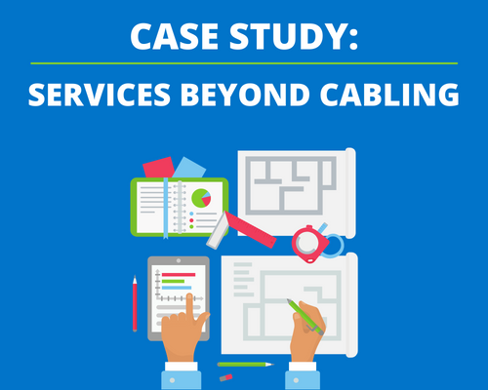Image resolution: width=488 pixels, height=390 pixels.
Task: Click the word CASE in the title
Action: pos(174,36)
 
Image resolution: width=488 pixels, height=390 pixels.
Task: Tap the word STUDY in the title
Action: pos(290,36)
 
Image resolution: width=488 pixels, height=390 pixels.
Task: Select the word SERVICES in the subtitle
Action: pos(100,95)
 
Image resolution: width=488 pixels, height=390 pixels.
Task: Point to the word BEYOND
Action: pos(245,95)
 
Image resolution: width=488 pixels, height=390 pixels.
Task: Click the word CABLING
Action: pos(389,95)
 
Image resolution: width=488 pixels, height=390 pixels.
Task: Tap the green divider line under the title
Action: pos(244,63)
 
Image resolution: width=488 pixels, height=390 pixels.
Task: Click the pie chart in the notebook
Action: pos(201,198)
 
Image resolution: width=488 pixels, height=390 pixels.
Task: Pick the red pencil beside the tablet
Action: pos(135,303)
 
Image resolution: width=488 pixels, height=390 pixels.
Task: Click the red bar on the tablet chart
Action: pos(179,275)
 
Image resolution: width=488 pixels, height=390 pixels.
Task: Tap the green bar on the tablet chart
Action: pos(173,281)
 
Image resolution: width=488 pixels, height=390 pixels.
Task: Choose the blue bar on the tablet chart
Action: pos(177,288)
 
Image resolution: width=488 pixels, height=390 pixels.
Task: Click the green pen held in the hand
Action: pos(305,317)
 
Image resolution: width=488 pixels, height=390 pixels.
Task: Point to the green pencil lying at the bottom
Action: pos(246,365)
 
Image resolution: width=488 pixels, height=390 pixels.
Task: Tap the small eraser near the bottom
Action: pos(225,377)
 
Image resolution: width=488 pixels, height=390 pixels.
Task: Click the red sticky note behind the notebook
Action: pos(159,168)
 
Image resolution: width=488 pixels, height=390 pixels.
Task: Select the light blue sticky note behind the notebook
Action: pos(189,169)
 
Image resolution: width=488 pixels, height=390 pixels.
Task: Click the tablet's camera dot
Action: pos(179,260)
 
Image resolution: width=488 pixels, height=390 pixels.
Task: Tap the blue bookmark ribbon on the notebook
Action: pos(166,208)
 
